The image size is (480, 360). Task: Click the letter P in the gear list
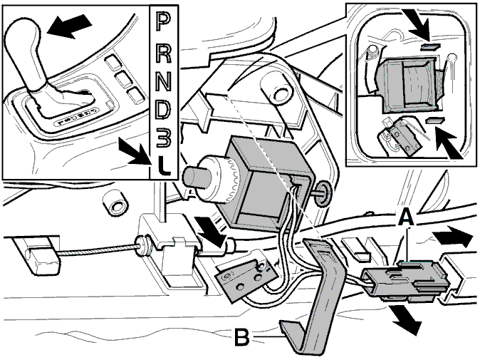tap(164, 21)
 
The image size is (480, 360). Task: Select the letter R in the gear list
tap(164, 51)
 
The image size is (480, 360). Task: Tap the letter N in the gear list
tap(164, 81)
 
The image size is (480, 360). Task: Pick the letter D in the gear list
tap(164, 110)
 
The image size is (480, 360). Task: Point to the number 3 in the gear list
tap(164, 138)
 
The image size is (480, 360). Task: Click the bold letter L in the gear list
tap(164, 166)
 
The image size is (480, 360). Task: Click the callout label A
tap(407, 217)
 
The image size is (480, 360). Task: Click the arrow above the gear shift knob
tap(70, 26)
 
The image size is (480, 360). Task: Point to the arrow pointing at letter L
tap(135, 152)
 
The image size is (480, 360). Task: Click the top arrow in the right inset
tap(417, 24)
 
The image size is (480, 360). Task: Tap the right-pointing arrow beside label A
tap(452, 236)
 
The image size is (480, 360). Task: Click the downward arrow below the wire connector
tap(406, 319)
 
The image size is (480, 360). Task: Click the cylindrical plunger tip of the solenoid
tap(196, 177)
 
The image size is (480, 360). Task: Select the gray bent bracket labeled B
tap(315, 294)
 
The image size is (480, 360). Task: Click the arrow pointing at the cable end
tap(212, 231)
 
